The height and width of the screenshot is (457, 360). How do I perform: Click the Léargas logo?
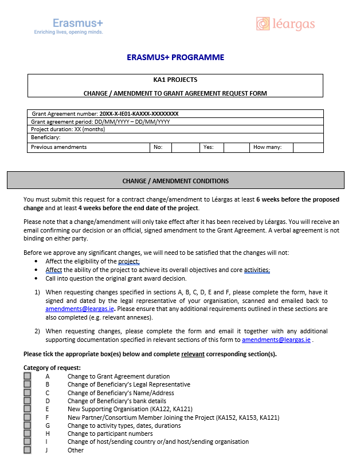[x=285, y=24]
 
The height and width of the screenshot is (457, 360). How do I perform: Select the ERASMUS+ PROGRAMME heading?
[x=175, y=57]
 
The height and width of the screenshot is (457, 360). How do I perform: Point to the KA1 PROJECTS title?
[x=175, y=80]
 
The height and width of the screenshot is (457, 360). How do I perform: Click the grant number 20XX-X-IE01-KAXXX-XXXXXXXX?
[x=139, y=114]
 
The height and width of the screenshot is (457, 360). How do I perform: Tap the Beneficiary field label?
[x=46, y=137]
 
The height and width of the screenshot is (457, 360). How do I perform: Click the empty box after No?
[x=185, y=147]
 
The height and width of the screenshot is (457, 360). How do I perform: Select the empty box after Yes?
[x=236, y=147]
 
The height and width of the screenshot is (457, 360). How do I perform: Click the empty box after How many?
[x=308, y=147]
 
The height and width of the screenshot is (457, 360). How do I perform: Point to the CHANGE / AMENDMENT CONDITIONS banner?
[x=175, y=181]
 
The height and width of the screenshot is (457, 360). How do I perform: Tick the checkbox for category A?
[x=27, y=376]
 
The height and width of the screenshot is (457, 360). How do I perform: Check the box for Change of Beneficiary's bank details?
[x=27, y=401]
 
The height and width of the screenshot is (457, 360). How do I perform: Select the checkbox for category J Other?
[x=27, y=450]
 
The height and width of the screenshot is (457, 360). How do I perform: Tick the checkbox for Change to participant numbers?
[x=27, y=434]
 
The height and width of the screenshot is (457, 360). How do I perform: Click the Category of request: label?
[x=52, y=368]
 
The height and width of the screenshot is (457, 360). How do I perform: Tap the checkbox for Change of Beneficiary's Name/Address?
[x=27, y=393]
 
